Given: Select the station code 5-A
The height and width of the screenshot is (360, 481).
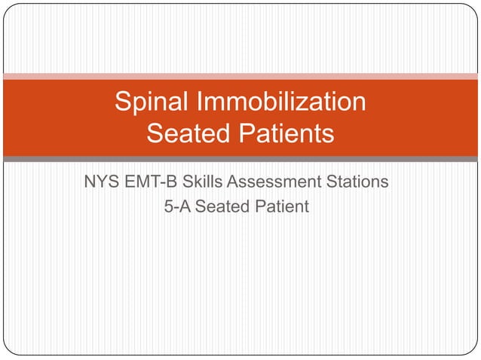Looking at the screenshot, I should pyautogui.click(x=178, y=206).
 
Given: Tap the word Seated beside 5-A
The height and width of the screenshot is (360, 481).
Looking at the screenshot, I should pyautogui.click(x=221, y=206).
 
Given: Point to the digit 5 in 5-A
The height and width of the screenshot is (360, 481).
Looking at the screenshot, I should pyautogui.click(x=169, y=206).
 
